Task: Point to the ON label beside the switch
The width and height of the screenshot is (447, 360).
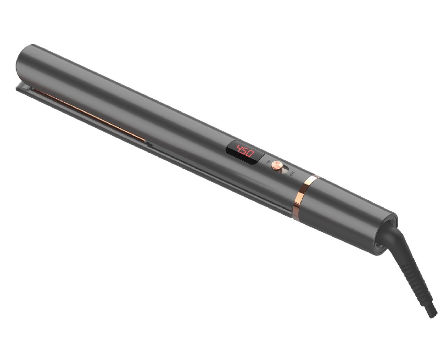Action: [270, 163]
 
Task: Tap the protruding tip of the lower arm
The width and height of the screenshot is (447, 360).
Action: [19, 87]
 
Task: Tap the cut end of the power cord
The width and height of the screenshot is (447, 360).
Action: [433, 314]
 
